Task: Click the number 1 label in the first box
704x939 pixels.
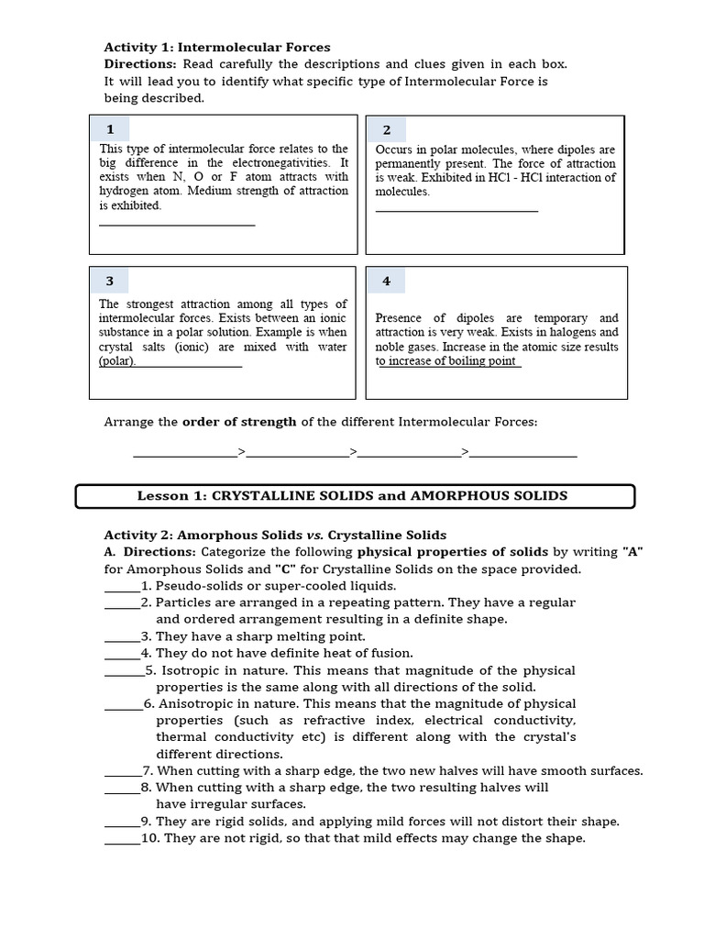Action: tap(110, 129)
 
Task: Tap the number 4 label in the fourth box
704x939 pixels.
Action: tap(386, 282)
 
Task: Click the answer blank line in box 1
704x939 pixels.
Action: tap(176, 224)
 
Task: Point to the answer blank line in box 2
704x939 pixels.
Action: tap(456, 211)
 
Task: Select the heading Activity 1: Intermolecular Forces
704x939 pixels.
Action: tap(217, 47)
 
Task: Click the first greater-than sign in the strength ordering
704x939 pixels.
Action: tap(242, 451)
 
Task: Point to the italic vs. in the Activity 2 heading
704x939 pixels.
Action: tap(313, 535)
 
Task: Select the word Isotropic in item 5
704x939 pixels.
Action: tap(195, 670)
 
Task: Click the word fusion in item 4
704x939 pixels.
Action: tap(391, 653)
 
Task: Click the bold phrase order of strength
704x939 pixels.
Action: tap(239, 422)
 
